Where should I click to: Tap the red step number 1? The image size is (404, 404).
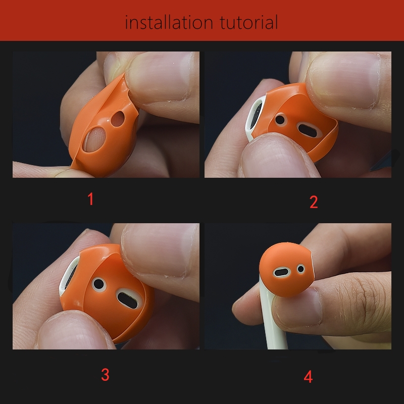pyautogui.click(x=90, y=199)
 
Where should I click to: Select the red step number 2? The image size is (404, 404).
pyautogui.click(x=314, y=202)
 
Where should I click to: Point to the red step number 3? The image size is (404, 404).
pyautogui.click(x=105, y=375)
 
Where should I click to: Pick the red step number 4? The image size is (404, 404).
pyautogui.click(x=308, y=377)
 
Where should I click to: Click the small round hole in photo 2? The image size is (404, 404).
pyautogui.click(x=281, y=121)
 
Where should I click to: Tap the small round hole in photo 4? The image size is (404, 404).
pyautogui.click(x=301, y=268)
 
